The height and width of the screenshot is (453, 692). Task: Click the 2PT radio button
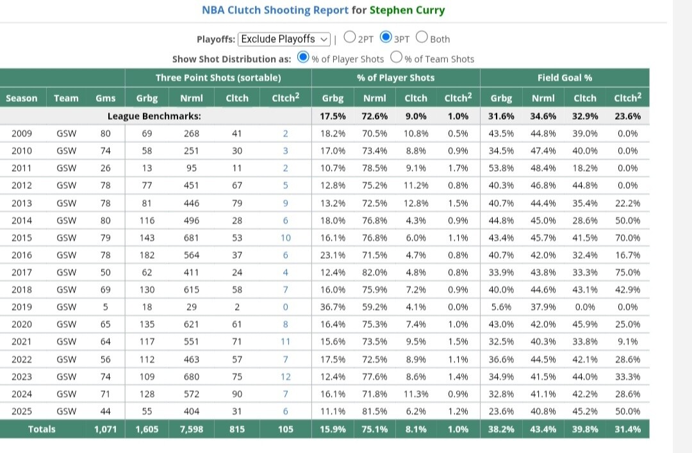point(350,37)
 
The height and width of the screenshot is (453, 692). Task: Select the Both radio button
point(422,37)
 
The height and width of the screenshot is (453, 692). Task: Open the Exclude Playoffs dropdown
point(284,39)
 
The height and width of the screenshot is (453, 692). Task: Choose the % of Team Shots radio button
point(397,57)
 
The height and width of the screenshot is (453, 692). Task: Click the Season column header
point(22,98)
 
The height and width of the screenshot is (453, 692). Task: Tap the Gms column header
point(106,98)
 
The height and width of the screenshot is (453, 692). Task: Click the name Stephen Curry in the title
point(407,10)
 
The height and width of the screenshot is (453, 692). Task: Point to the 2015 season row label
point(22,238)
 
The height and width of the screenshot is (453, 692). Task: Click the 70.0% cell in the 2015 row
point(627,238)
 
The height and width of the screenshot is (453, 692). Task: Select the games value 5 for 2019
point(106,307)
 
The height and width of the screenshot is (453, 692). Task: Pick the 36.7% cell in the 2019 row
point(333,307)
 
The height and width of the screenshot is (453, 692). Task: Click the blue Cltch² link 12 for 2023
point(286,377)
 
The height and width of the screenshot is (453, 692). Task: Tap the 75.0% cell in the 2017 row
point(627,272)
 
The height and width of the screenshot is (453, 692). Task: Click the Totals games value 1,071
point(106,429)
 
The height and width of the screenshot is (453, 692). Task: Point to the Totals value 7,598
point(192,429)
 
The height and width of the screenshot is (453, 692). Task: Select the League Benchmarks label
point(154,116)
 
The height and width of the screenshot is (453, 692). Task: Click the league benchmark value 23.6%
point(627,116)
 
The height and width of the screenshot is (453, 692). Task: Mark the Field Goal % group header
point(564,78)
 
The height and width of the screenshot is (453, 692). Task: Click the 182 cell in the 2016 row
point(147,255)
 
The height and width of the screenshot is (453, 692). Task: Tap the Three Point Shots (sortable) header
point(218,78)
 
